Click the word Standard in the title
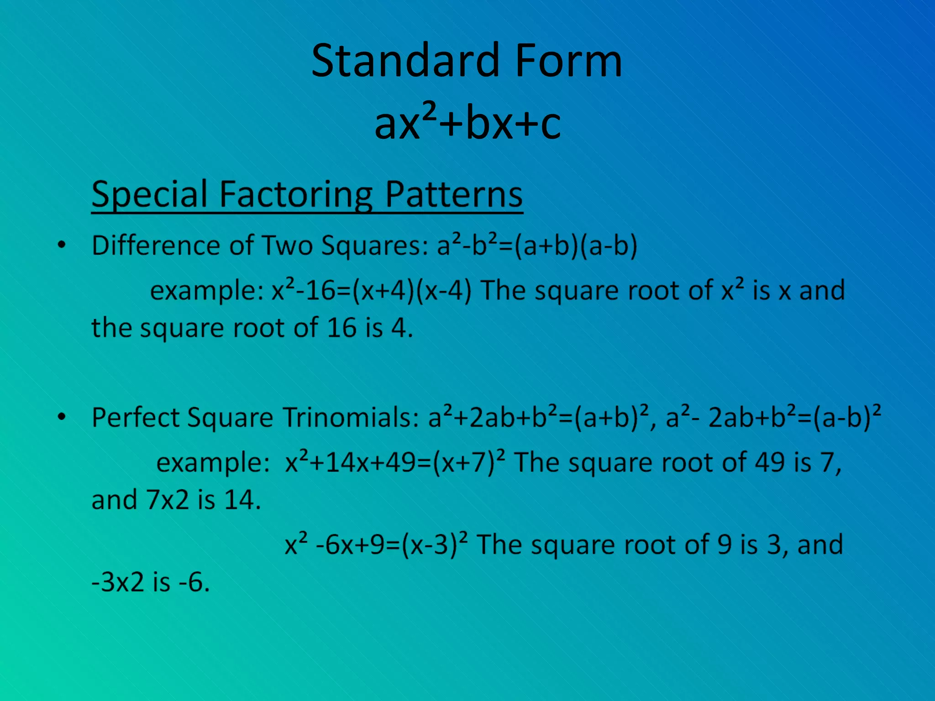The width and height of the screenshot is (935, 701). [404, 61]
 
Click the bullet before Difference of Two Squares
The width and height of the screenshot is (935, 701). [62, 246]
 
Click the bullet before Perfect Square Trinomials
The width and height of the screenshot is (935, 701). [62, 417]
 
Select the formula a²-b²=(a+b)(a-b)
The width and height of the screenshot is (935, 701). [537, 246]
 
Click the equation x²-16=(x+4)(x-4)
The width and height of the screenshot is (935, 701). [371, 291]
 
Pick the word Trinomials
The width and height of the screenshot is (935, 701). [351, 417]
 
